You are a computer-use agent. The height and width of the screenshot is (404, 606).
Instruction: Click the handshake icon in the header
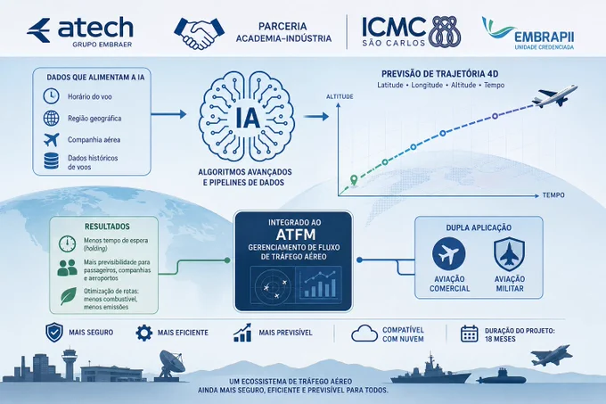200,33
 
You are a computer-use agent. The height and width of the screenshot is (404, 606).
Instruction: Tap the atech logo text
95,28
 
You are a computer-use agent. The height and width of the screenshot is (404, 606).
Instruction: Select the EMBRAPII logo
528,33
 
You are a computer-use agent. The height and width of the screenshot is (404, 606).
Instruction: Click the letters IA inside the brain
248,117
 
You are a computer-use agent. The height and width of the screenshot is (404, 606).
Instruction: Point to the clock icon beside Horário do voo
51,96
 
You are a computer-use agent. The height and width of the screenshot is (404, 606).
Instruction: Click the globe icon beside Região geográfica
51,118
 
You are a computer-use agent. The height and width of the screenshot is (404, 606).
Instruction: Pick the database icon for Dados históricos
51,161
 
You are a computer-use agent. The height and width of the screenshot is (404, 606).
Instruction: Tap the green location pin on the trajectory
354,180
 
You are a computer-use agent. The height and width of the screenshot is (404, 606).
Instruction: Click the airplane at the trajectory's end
554,96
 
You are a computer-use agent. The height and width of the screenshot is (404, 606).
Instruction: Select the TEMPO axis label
553,195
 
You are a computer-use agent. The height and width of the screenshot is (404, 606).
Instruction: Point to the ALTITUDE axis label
340,96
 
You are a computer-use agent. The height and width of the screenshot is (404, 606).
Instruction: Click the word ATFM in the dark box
296,235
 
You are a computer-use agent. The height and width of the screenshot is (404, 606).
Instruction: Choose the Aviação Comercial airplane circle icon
448,254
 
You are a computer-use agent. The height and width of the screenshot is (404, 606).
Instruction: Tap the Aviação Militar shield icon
510,254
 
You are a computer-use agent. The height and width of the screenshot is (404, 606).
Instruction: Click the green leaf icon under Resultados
69,296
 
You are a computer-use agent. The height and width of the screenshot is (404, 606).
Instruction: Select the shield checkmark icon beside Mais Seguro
54,333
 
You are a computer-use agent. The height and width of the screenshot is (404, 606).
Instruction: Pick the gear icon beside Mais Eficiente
144,333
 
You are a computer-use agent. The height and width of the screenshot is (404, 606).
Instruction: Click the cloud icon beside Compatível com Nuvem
364,333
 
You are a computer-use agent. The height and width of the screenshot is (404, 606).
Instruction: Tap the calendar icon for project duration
469,334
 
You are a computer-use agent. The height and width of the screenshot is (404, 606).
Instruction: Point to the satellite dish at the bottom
171,363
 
